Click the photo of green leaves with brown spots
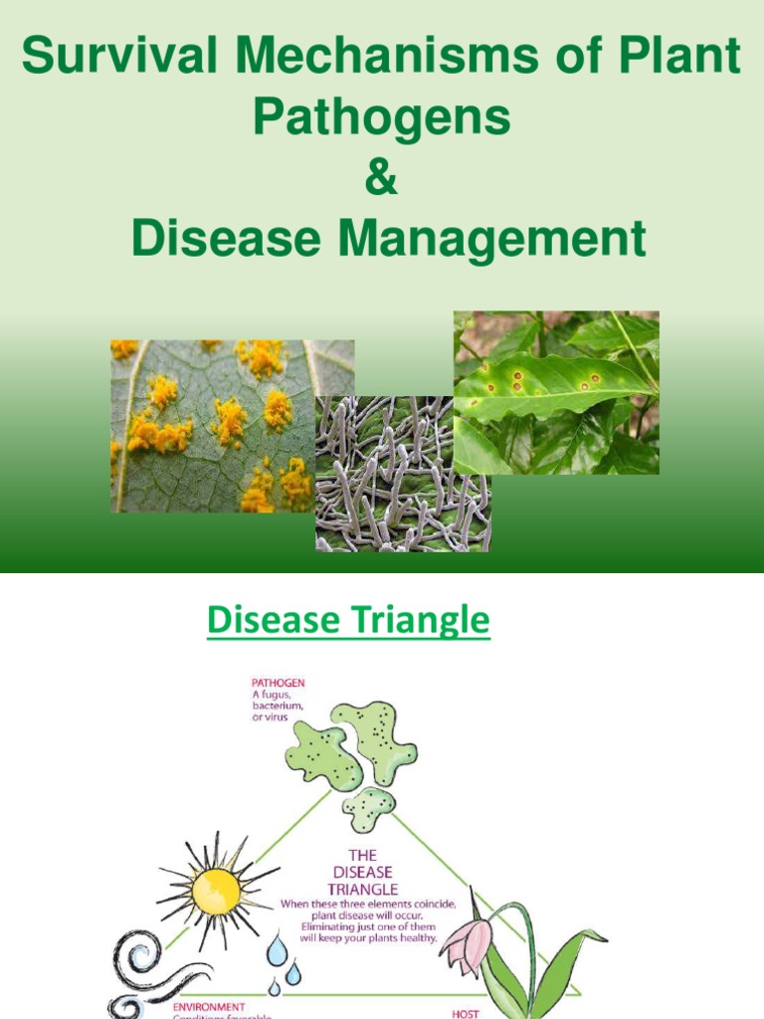tap(556, 392)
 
